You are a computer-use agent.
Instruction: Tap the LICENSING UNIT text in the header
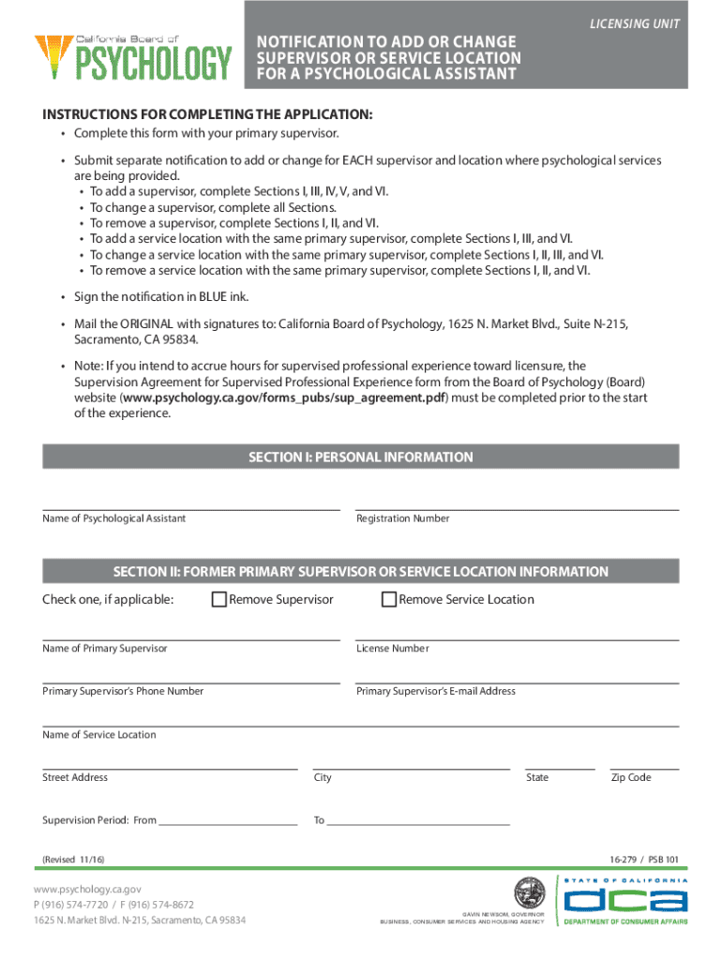click(x=634, y=23)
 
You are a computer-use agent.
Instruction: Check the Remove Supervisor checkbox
click(x=218, y=600)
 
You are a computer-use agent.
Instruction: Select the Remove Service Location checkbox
click(x=388, y=600)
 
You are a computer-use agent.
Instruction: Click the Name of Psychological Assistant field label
click(x=113, y=518)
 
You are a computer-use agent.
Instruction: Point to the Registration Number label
click(x=402, y=518)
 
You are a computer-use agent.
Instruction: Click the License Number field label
click(x=392, y=649)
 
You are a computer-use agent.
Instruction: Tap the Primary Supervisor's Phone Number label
click(x=123, y=691)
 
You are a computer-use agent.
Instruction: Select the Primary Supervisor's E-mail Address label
click(x=435, y=691)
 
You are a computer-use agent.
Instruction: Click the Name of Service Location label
click(x=99, y=735)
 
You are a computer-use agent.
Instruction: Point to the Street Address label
click(x=75, y=777)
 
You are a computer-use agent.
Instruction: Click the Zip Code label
click(x=630, y=777)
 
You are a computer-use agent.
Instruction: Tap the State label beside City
click(x=537, y=777)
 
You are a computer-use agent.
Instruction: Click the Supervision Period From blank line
click(x=228, y=819)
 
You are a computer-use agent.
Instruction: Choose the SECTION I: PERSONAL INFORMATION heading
click(x=360, y=457)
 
